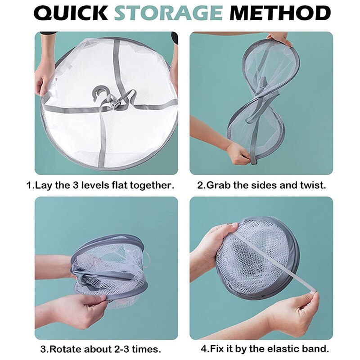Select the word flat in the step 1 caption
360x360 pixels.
pyautogui.click(x=117, y=185)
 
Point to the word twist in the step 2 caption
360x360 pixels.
pyautogui.click(x=313, y=185)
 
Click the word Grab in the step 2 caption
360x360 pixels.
pyautogui.click(x=220, y=185)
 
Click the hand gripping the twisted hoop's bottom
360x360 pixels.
pyautogui.click(x=238, y=153)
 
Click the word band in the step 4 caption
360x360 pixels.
pyautogui.click(x=318, y=349)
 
